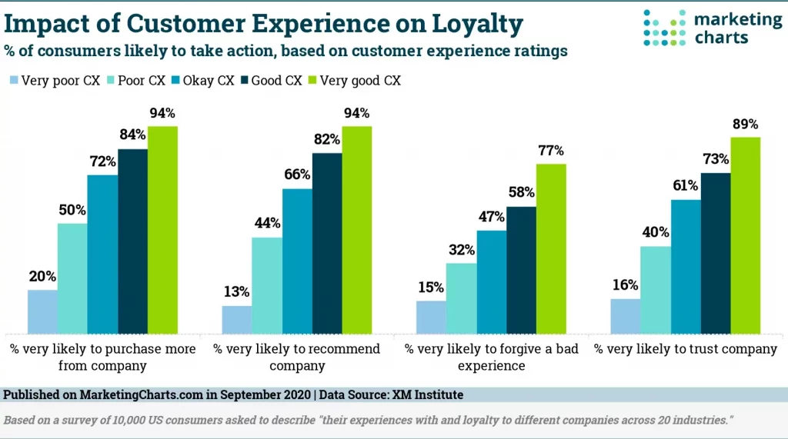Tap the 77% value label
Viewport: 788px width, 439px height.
[550, 151]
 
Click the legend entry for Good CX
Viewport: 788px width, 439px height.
[272, 80]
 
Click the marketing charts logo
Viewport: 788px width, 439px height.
[712, 28]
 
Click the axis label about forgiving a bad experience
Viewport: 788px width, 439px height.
[491, 358]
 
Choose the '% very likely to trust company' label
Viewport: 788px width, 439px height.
[686, 349]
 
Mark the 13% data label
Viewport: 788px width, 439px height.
[237, 292]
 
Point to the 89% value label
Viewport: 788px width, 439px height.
[745, 124]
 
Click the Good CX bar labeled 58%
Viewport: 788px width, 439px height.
[520, 270]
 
